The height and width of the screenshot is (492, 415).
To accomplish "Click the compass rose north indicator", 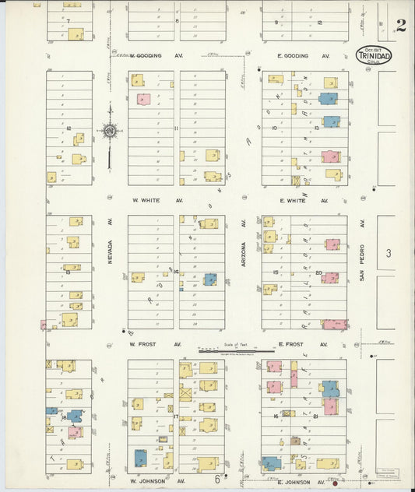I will pyautogui.click(x=110, y=132).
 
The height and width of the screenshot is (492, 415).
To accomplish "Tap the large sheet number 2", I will pyautogui.click(x=400, y=25).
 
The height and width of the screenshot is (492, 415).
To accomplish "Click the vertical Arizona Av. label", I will pyautogui.click(x=243, y=234).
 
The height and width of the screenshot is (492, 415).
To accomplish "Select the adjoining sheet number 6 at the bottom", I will pyautogui.click(x=217, y=479).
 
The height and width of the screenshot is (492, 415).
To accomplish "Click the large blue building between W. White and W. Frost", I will pyautogui.click(x=209, y=279).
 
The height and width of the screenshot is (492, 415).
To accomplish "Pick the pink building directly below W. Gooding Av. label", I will pyautogui.click(x=143, y=99).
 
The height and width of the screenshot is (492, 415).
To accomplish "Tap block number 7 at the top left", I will pyautogui.click(x=68, y=20).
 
